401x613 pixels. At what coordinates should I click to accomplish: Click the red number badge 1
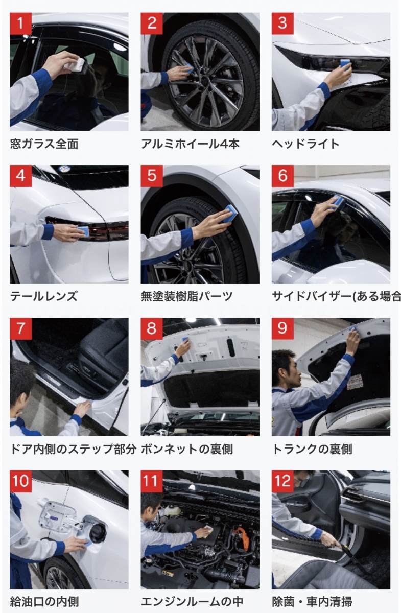pos(21,23)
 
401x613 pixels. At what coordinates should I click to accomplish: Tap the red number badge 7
pos(21,328)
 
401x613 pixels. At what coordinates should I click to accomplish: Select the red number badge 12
pos(282,481)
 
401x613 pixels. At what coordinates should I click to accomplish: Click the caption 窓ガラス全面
pos(44,144)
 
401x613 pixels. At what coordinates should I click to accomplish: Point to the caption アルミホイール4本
pos(190,144)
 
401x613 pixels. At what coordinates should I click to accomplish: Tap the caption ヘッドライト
pos(305,144)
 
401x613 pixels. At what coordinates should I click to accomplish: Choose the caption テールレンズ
pos(44,296)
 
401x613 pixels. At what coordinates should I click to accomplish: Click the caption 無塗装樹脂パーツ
pos(186,296)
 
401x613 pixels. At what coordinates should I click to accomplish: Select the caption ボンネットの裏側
pos(187,449)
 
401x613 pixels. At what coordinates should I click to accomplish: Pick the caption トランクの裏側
pos(312,449)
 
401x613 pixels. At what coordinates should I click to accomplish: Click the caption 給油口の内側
pos(44,602)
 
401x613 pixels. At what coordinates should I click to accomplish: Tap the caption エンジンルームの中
pos(192,602)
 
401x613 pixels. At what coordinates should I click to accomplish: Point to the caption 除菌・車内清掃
pos(312,602)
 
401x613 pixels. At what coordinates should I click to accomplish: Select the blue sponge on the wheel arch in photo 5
pos(228,214)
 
